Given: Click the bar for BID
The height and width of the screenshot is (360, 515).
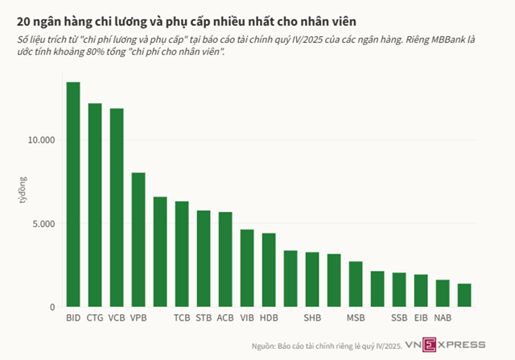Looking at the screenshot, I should coord(73,194).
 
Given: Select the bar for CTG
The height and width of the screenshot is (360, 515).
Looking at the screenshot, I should coord(95,205).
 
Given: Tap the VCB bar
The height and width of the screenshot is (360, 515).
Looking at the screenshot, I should coord(117,207).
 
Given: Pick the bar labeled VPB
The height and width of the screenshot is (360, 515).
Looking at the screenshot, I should coord(138,239).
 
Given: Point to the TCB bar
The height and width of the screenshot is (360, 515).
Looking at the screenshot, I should coord(182,254).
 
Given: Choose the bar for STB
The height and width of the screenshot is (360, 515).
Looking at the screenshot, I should coord(204,259).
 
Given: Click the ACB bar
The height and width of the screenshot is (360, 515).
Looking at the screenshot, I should coord(225,259).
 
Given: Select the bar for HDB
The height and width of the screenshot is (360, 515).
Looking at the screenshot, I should coord(269,270).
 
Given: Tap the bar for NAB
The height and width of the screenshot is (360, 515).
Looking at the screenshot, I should coord(443,293).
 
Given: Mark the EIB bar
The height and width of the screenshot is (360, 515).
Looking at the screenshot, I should coord(421,291).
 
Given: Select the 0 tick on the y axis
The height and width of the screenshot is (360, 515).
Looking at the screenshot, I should coord(52,307).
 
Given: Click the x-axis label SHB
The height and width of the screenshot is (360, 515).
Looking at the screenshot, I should coord(312,317).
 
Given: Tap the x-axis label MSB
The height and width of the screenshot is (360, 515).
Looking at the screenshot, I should coord(356,317).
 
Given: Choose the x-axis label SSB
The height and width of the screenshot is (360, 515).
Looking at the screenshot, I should coord(399,317).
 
